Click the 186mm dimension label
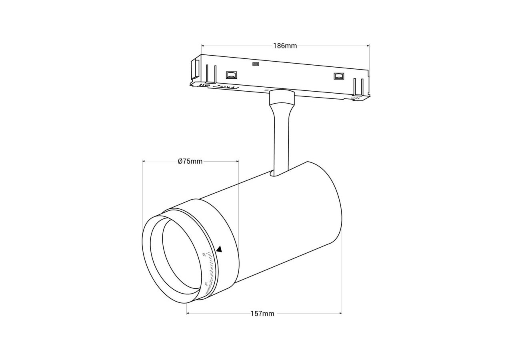[x=285, y=46]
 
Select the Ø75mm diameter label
[x=190, y=161]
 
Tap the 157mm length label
[x=262, y=314]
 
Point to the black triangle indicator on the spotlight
[x=219, y=249]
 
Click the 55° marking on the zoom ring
[x=204, y=254]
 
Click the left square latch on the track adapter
[x=231, y=75]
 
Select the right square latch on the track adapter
[x=338, y=76]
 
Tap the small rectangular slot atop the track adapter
[x=255, y=64]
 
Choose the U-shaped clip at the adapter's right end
[x=358, y=87]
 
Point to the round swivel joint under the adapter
[x=282, y=97]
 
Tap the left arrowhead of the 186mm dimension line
[x=202, y=46]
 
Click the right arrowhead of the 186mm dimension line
[x=368, y=46]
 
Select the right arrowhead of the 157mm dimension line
[x=340, y=313]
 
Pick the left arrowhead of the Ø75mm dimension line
[x=144, y=161]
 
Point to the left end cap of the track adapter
[x=195, y=70]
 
